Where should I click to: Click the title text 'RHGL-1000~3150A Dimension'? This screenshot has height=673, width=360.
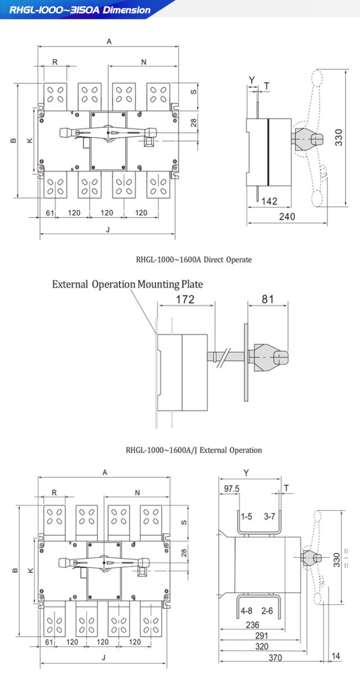tap(80, 10)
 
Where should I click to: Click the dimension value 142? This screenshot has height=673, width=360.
tap(269, 201)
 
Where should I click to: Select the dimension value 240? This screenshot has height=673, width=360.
tap(286, 216)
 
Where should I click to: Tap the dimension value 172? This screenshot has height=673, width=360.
tap(185, 299)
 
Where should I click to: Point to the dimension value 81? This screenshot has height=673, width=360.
tap(268, 299)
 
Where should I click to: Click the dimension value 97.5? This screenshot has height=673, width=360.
tap(232, 489)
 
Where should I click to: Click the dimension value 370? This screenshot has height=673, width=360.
tap(275, 658)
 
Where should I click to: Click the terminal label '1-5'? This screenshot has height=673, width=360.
tap(246, 516)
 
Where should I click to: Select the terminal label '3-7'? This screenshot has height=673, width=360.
tap(270, 516)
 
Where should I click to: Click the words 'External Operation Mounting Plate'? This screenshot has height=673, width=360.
tap(127, 284)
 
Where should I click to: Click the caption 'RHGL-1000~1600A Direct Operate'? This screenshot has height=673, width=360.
tap(194, 259)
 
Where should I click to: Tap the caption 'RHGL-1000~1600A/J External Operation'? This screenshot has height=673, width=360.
tap(194, 450)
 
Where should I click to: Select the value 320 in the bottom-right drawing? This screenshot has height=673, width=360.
tap(262, 646)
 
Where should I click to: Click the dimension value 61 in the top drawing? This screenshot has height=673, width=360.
tap(49, 213)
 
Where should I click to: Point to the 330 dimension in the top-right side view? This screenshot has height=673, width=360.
tap(339, 137)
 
